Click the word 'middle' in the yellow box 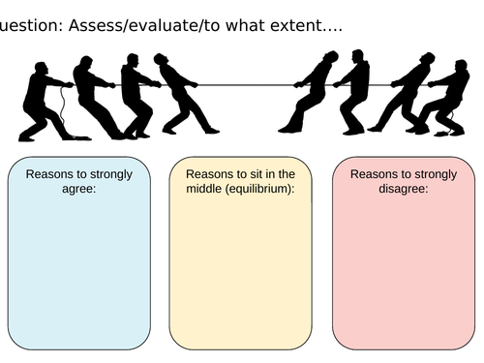[x=201, y=190]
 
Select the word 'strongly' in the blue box [x=116, y=175]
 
